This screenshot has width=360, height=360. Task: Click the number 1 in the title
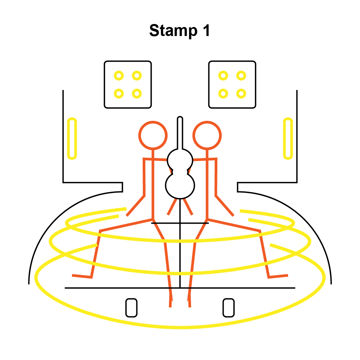click(206, 30)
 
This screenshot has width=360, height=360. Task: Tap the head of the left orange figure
click(153, 135)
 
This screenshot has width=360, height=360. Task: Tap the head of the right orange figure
click(207, 135)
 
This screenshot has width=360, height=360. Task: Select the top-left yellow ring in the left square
click(119, 76)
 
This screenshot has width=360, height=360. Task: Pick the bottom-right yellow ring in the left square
click(136, 93)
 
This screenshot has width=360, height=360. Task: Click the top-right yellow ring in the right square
click(241, 76)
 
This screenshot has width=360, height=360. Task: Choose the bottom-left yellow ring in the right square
click(223, 93)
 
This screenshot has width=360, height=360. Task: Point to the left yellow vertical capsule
click(72, 138)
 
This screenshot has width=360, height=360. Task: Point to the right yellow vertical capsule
click(288, 138)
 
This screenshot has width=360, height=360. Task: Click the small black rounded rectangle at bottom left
click(131, 308)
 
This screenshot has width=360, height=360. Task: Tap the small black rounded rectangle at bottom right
click(228, 308)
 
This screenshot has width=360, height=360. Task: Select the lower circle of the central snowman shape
click(180, 185)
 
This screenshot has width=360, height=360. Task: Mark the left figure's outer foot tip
click(73, 275)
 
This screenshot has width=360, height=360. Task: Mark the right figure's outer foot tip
click(287, 275)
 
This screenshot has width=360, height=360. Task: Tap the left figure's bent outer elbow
click(144, 196)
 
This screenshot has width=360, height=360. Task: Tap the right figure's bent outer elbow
click(216, 196)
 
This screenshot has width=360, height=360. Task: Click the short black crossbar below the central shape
click(180, 223)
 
